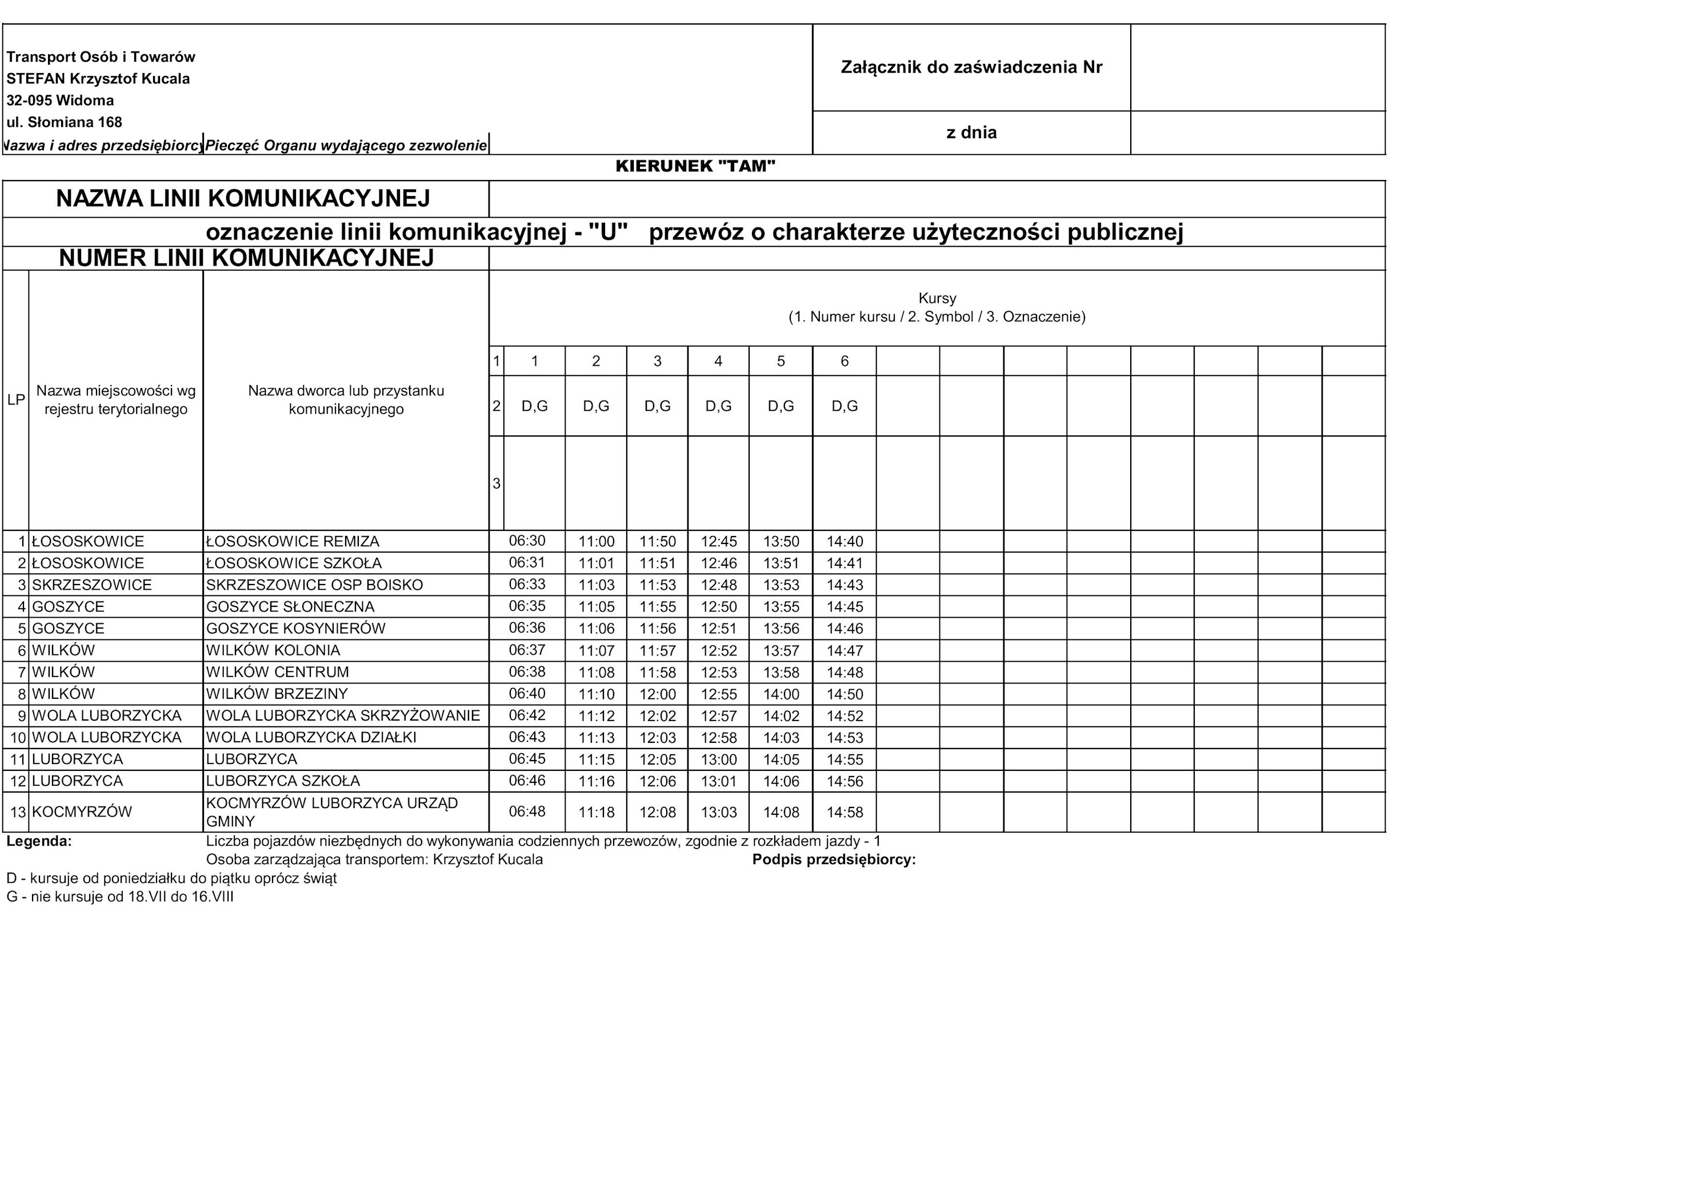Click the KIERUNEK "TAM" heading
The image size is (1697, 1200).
(695, 166)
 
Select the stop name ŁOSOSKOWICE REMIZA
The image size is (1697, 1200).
(293, 541)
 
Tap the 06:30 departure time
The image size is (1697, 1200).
(527, 541)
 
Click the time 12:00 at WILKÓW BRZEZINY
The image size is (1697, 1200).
(657, 694)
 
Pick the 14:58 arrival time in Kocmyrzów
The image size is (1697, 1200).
(845, 813)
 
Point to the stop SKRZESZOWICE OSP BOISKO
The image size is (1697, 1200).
(314, 585)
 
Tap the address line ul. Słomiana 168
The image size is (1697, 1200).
(65, 122)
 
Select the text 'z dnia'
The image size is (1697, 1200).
(971, 133)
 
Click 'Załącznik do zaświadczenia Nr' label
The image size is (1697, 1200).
(971, 67)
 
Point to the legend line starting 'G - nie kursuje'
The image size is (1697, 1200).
(120, 897)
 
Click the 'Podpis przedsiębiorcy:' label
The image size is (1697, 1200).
(834, 860)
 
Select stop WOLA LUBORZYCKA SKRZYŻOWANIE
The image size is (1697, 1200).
(343, 715)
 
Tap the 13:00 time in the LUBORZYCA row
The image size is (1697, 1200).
(718, 759)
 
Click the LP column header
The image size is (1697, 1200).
(15, 400)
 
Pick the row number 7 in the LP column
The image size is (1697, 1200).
(22, 673)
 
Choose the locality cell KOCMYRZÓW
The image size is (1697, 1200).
(82, 812)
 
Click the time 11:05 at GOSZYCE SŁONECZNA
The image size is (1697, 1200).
(597, 607)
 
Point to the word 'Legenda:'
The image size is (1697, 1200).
(39, 841)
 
